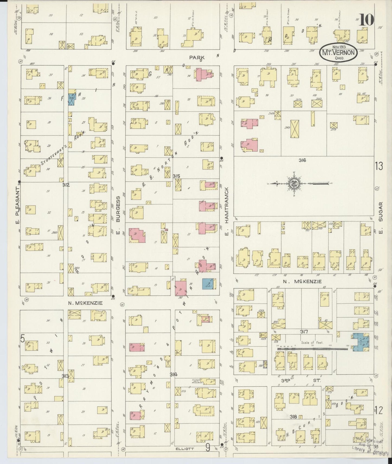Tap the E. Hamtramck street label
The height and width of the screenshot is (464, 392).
pyautogui.click(x=227, y=205)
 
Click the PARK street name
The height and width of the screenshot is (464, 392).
pyautogui.click(x=196, y=58)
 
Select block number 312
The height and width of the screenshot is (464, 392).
pyautogui.click(x=66, y=185)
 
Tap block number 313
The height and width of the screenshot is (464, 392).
pyautogui.click(x=65, y=376)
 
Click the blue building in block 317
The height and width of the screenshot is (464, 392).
pyautogui.click(x=361, y=341)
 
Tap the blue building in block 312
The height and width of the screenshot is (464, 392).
pyautogui.click(x=72, y=99)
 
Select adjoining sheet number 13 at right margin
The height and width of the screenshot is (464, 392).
pyautogui.click(x=379, y=166)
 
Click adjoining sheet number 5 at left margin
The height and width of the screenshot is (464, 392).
pyautogui.click(x=23, y=338)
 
